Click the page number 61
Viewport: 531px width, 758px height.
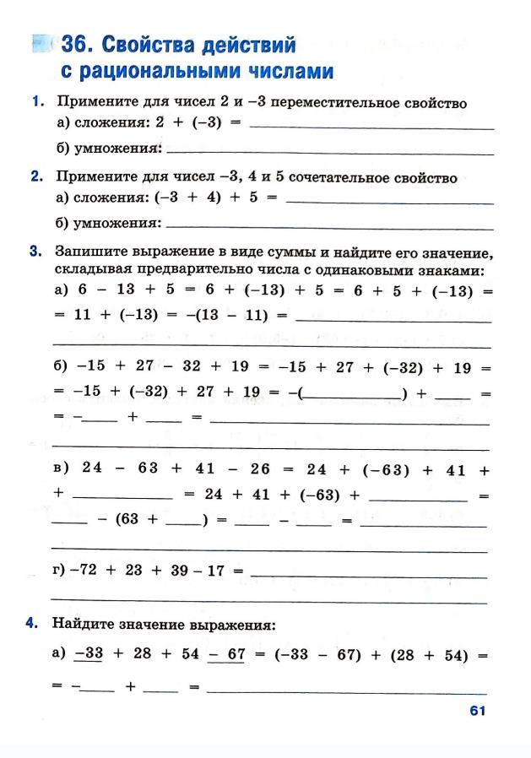(477, 711)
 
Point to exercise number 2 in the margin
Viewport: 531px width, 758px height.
(37, 177)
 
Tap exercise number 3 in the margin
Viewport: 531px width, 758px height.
(37, 252)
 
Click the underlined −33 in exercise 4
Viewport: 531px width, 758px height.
(88, 654)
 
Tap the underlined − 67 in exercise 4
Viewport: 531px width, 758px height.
(225, 654)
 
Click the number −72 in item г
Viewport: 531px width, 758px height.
(85, 571)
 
